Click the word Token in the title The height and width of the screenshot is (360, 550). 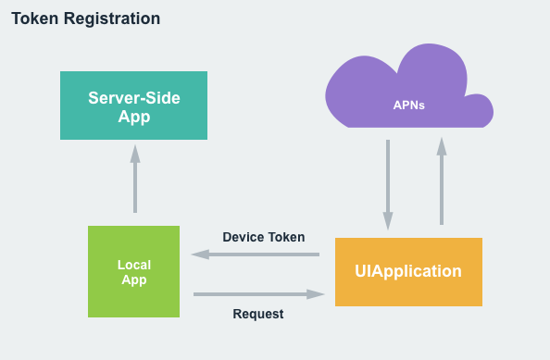point(33,19)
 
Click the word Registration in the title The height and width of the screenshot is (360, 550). point(109,19)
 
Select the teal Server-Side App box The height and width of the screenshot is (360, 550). point(134,106)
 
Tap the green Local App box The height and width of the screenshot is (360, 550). point(133,272)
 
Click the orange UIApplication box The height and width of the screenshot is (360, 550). point(408,272)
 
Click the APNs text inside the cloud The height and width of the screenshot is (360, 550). point(408,105)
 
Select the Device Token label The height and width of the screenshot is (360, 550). point(264,237)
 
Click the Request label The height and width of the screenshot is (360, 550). point(258,314)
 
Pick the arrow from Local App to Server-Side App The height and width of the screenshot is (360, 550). point(134,180)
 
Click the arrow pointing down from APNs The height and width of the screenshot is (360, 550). point(387,185)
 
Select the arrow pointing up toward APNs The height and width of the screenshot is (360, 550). point(442,181)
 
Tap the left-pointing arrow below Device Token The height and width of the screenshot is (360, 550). point(255,254)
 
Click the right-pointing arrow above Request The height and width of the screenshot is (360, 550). point(259,293)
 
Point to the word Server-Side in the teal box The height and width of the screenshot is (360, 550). point(134,97)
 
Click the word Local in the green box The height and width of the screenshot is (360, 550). point(133,265)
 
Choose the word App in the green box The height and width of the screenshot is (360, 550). point(133,280)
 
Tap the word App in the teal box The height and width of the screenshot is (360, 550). point(134,117)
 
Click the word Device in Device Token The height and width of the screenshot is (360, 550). point(243,237)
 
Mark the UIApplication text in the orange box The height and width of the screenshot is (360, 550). point(408,272)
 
